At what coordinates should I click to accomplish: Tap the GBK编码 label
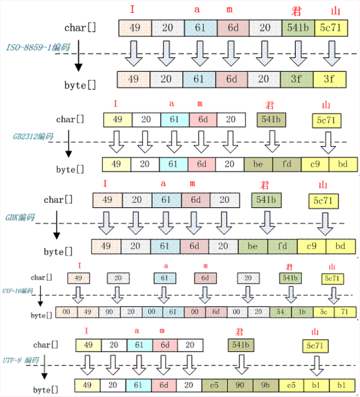pyautogui.click(x=20, y=217)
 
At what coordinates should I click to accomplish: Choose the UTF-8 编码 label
pyautogui.click(x=21, y=360)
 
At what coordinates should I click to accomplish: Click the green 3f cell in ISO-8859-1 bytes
pyautogui.click(x=297, y=79)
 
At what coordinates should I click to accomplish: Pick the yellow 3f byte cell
pyautogui.click(x=329, y=79)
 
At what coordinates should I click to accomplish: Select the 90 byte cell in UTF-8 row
pyautogui.click(x=240, y=385)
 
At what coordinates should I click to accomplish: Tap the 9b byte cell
pyautogui.click(x=265, y=385)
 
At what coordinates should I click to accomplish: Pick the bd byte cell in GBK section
pyautogui.click(x=341, y=246)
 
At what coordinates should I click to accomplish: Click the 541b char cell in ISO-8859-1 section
pyautogui.click(x=297, y=28)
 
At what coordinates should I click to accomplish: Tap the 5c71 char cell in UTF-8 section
pyautogui.click(x=316, y=345)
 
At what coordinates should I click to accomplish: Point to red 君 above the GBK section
pyautogui.click(x=265, y=183)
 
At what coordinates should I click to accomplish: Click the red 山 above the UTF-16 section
pyautogui.click(x=332, y=266)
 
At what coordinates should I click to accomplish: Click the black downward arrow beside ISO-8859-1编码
pyautogui.click(x=78, y=59)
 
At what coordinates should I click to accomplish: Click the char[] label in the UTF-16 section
pyautogui.click(x=42, y=277)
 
